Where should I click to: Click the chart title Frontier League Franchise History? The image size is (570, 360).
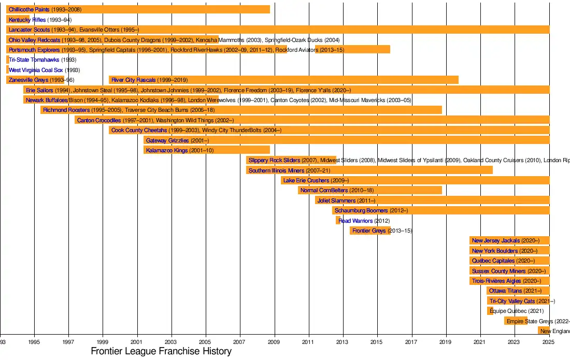(x=161, y=351)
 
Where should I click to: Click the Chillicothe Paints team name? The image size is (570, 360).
(x=30, y=10)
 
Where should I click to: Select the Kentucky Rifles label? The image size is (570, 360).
(x=27, y=20)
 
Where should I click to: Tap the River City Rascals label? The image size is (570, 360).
(x=133, y=80)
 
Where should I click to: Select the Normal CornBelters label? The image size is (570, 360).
(x=324, y=191)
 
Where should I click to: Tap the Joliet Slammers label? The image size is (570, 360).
(x=337, y=200)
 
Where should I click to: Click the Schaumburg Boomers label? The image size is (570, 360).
(x=361, y=210)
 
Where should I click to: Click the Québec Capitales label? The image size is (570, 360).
(x=493, y=261)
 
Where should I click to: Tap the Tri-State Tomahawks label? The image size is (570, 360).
(x=34, y=60)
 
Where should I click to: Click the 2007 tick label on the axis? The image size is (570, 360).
(x=239, y=342)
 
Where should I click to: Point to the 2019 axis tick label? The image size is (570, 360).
(x=445, y=342)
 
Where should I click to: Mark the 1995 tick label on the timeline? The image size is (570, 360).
(x=34, y=342)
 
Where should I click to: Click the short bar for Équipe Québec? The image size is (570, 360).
(x=490, y=311)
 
